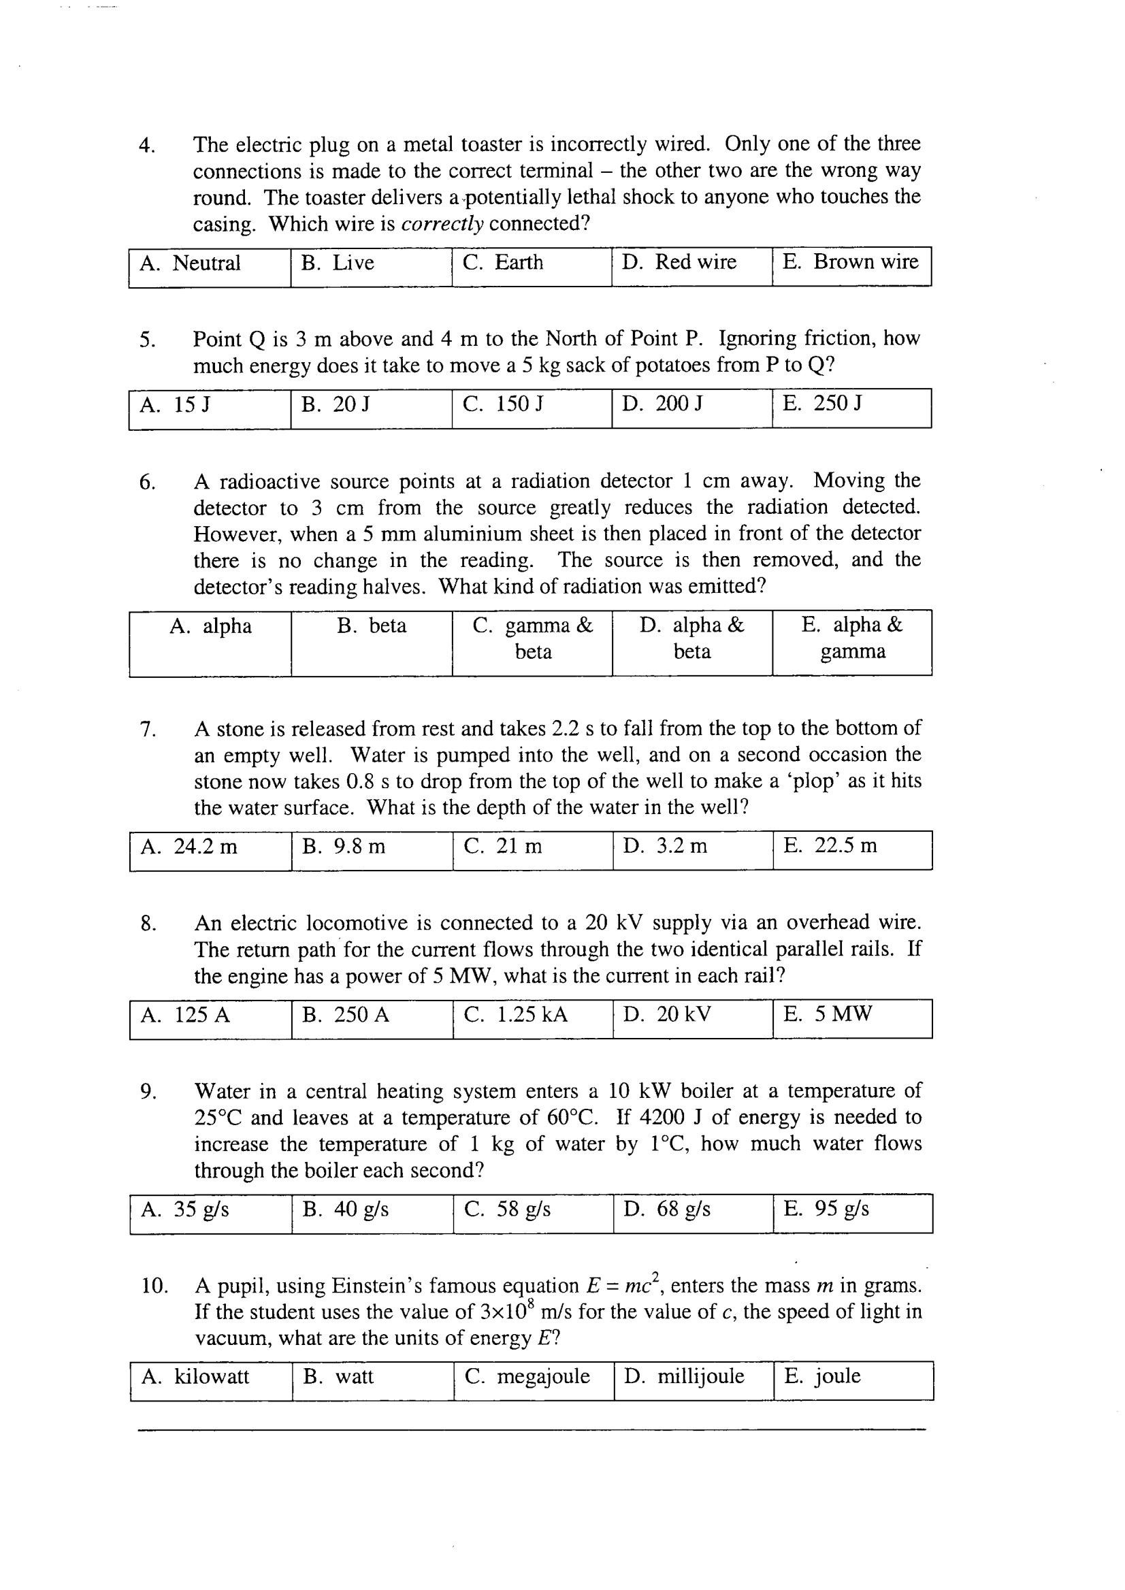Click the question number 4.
click(x=147, y=146)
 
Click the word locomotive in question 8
click(x=356, y=923)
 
